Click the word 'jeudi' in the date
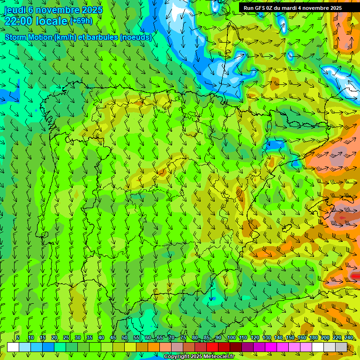(15, 10)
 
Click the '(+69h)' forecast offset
(81, 21)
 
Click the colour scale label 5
(18, 337)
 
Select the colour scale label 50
(125, 337)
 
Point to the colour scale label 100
(231, 337)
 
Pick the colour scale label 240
(349, 337)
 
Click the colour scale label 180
(313, 337)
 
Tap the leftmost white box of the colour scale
(13, 347)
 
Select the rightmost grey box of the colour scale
(341, 347)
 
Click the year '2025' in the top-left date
(91, 10)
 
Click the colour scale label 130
(266, 337)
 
